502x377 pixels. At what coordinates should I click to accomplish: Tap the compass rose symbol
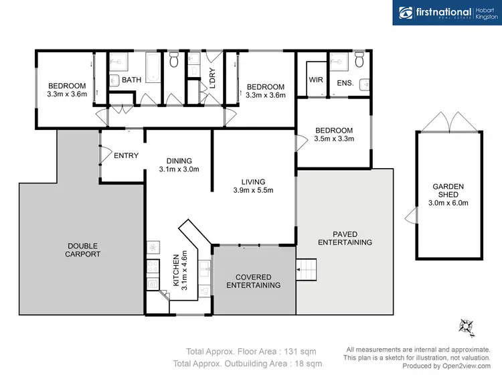[466, 327]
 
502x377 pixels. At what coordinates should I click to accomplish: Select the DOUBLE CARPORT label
[84, 249]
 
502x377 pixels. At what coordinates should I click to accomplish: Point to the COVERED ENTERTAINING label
[253, 281]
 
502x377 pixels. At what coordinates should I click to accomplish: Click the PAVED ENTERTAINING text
[345, 238]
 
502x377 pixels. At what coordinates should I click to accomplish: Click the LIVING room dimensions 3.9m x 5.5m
[254, 190]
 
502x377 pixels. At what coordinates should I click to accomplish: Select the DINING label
[179, 161]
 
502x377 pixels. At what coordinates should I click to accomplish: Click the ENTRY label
[126, 156]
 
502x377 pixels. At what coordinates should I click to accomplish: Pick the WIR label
[316, 80]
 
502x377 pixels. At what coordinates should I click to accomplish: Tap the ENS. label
[345, 84]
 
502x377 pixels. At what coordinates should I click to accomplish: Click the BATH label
[131, 80]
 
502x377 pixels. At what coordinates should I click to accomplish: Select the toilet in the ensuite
[359, 62]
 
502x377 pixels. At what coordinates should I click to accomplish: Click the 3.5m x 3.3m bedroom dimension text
[333, 139]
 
